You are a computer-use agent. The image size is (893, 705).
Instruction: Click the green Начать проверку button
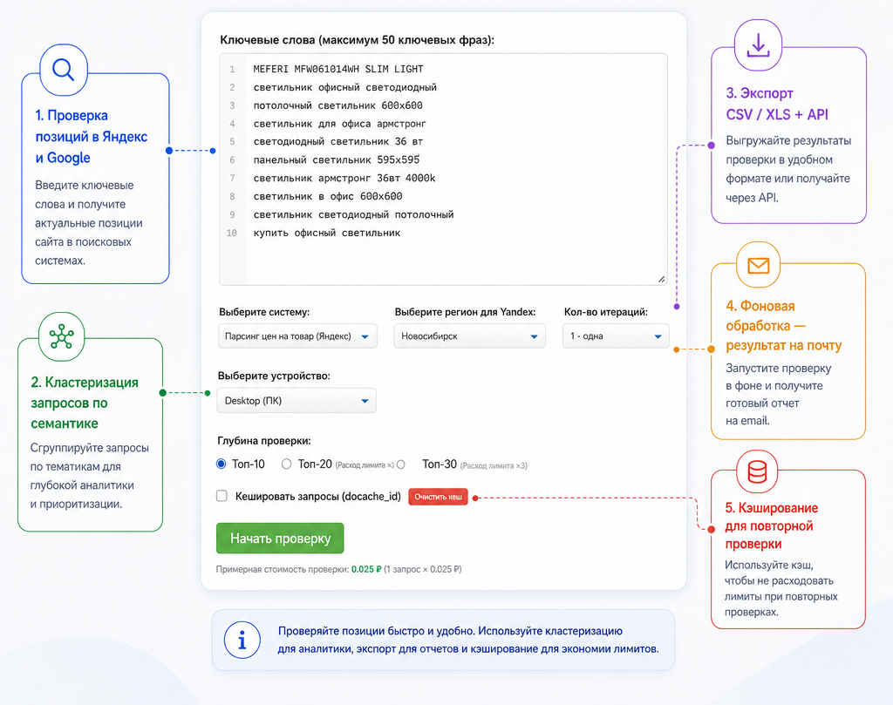click(x=280, y=538)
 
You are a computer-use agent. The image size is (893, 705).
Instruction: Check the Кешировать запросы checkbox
click(x=222, y=496)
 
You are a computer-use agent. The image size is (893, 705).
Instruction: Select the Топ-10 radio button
click(x=221, y=464)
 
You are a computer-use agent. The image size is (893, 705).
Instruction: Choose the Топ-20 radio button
click(x=286, y=464)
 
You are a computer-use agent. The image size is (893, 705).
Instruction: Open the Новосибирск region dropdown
click(x=469, y=336)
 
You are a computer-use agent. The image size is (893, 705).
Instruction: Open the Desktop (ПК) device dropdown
click(x=297, y=401)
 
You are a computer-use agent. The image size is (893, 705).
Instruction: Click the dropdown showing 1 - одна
click(x=616, y=336)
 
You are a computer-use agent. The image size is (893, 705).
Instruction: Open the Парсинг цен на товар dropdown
click(x=297, y=336)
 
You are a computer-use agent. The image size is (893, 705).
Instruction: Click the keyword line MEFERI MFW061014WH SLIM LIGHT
click(x=338, y=69)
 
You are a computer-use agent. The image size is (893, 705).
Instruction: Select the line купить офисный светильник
click(x=327, y=233)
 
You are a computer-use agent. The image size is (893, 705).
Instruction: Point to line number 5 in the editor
click(x=232, y=142)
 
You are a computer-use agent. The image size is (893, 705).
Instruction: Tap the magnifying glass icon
click(x=63, y=70)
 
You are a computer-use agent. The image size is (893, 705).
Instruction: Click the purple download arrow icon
click(x=758, y=45)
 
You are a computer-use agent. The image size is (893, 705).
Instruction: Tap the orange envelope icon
click(x=759, y=265)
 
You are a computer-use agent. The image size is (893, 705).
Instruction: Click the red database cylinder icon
click(x=757, y=471)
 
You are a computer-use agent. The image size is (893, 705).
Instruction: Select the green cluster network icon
click(x=62, y=337)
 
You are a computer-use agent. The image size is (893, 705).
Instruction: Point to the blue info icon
click(x=242, y=640)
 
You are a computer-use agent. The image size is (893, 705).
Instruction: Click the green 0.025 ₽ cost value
click(x=366, y=569)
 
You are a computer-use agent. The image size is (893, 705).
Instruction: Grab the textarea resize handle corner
click(x=661, y=279)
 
